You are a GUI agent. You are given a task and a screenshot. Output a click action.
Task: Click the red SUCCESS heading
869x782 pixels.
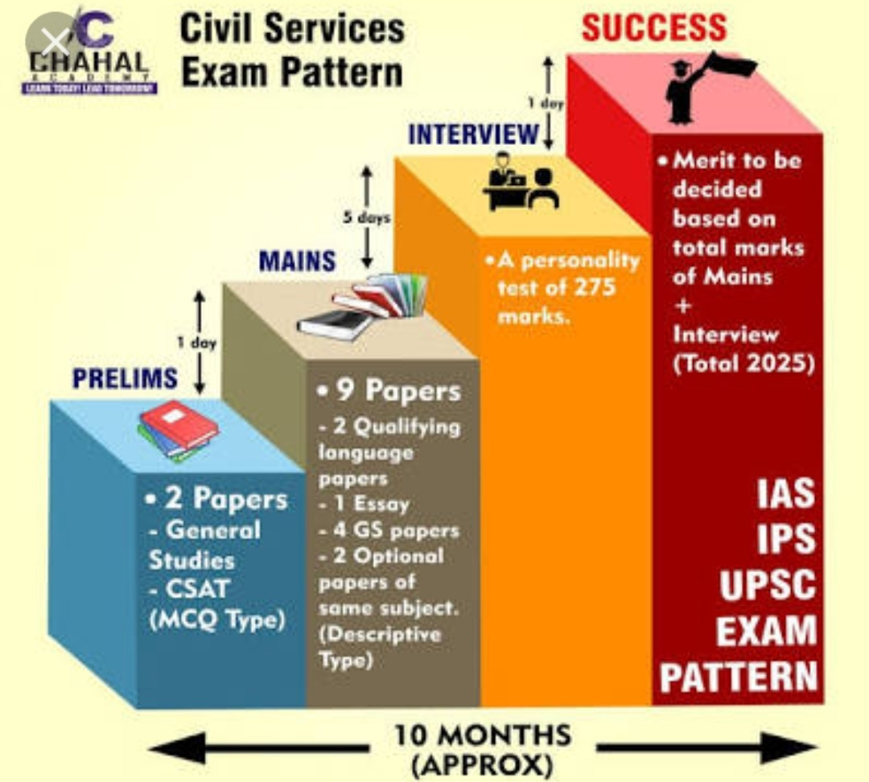[x=654, y=28]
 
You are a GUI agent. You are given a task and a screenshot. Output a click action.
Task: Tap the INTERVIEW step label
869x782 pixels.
[x=472, y=134]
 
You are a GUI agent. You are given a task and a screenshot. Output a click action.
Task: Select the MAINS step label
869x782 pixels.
[x=297, y=261]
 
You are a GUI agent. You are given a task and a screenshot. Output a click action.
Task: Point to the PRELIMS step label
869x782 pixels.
[x=125, y=377]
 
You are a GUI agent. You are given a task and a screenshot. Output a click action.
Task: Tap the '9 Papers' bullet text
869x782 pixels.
[x=389, y=391]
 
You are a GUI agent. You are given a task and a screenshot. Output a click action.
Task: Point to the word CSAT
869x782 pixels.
[x=187, y=590]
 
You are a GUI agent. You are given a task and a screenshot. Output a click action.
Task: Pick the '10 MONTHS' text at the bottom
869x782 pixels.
[x=482, y=735]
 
